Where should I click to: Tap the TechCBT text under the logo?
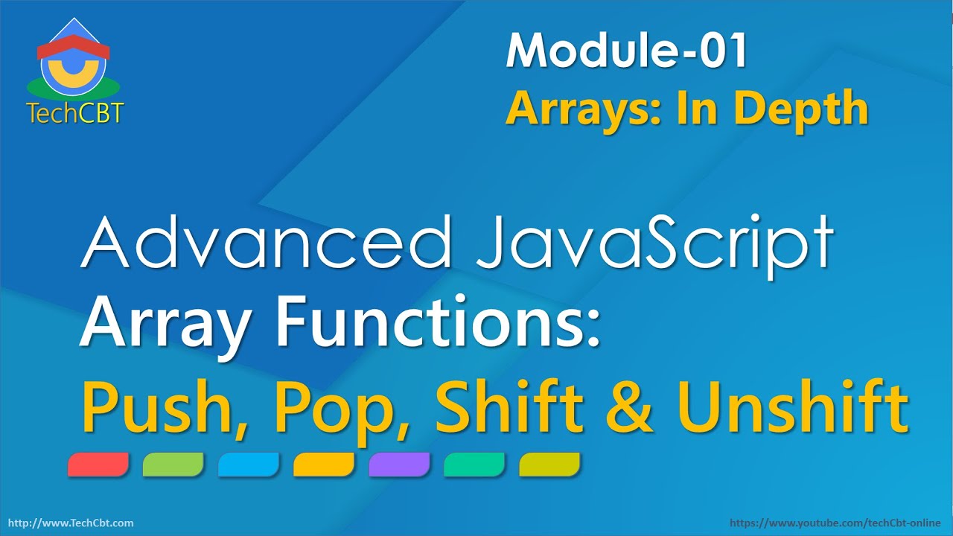click(74, 112)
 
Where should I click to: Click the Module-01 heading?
click(626, 52)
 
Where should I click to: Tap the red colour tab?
click(98, 465)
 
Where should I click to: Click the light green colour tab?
click(173, 465)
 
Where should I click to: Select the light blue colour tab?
click(249, 465)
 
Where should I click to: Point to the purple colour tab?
click(399, 465)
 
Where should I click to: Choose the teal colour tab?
click(474, 465)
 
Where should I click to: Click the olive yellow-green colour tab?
click(549, 465)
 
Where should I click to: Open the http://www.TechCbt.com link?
click(70, 523)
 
